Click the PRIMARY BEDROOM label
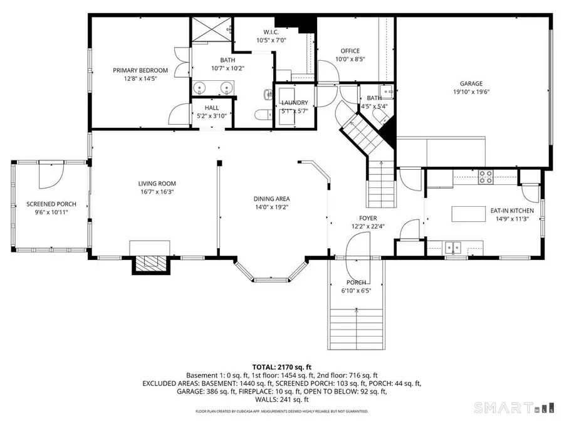pyautogui.click(x=140, y=70)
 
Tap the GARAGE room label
pyautogui.click(x=471, y=83)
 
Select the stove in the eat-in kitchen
pyautogui.click(x=486, y=177)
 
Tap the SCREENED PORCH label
pyautogui.click(x=51, y=204)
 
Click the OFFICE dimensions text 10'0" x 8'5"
pyautogui.click(x=350, y=60)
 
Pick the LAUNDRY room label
pyautogui.click(x=294, y=103)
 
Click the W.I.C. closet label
pyautogui.click(x=271, y=32)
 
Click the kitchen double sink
pyautogui.click(x=453, y=246)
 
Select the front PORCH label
pyautogui.click(x=356, y=283)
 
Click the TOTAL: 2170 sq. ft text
pyautogui.click(x=281, y=367)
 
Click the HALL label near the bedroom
pyautogui.click(x=212, y=108)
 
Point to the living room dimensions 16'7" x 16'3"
pyautogui.click(x=155, y=192)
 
